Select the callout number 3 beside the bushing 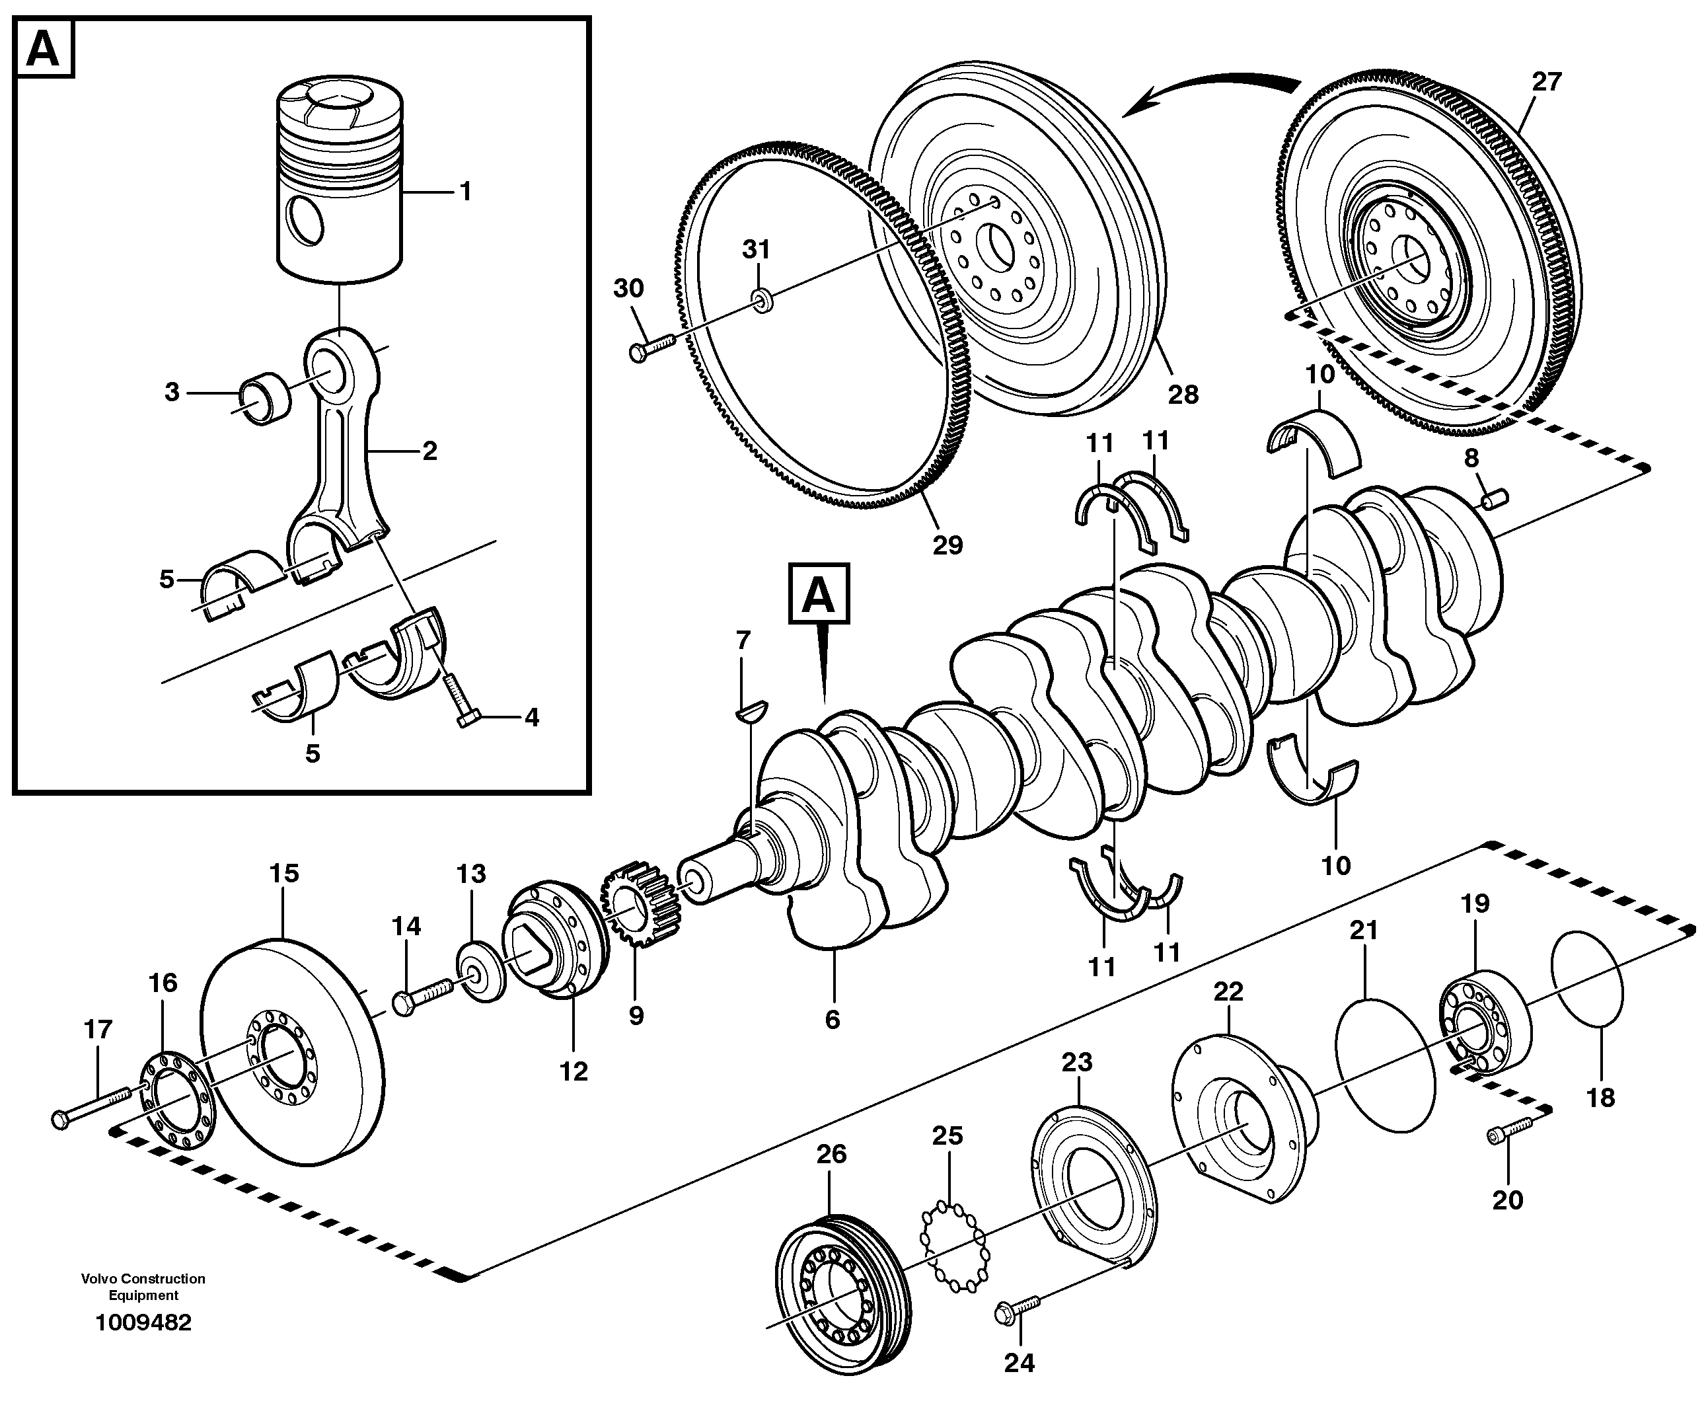pos(172,392)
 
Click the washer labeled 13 pos(480,972)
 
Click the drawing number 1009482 pos(143,1322)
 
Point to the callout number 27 pos(1546,82)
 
